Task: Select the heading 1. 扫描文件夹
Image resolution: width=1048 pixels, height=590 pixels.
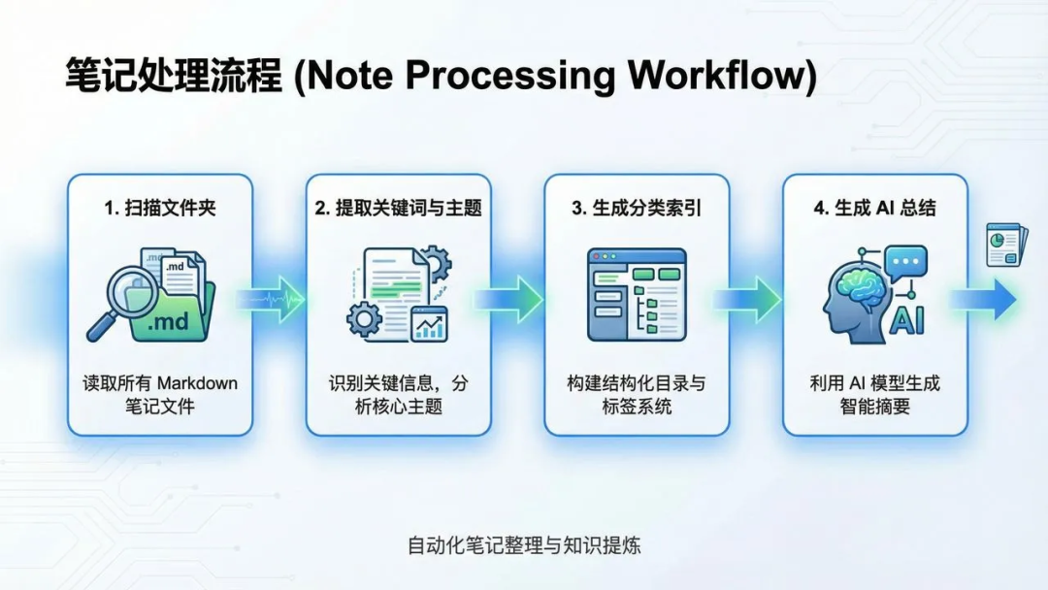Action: (159, 208)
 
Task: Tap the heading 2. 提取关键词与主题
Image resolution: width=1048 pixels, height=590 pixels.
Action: (398, 208)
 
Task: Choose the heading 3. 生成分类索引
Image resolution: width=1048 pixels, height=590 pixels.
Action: (637, 208)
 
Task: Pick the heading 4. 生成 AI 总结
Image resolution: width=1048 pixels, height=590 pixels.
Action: (874, 208)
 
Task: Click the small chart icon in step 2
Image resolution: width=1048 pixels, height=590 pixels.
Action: (429, 324)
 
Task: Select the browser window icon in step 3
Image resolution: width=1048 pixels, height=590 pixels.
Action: (637, 294)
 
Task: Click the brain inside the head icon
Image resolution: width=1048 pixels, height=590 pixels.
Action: (858, 287)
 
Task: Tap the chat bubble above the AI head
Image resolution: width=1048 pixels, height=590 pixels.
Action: (904, 262)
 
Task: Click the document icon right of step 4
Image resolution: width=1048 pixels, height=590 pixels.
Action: (1004, 245)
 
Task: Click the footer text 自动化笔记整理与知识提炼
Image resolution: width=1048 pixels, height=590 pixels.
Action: (524, 545)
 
